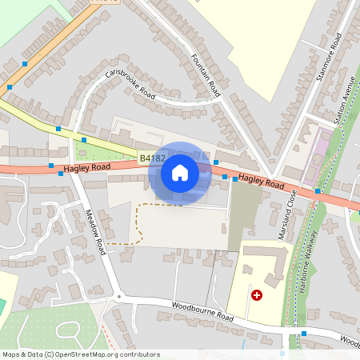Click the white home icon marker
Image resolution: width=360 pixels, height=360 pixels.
point(180,172)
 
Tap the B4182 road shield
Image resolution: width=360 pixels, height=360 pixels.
point(150,159)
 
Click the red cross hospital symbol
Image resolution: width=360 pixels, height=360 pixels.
point(257,294)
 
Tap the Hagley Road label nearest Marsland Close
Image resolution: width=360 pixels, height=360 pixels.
point(261,182)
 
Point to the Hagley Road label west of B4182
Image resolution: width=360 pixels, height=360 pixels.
point(87,168)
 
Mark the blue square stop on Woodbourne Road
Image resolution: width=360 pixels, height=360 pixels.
point(304,333)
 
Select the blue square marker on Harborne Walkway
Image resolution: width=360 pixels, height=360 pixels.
point(318,190)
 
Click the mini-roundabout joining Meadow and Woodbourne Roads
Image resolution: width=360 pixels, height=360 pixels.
point(119,297)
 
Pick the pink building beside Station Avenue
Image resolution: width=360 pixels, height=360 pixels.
point(324,148)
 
